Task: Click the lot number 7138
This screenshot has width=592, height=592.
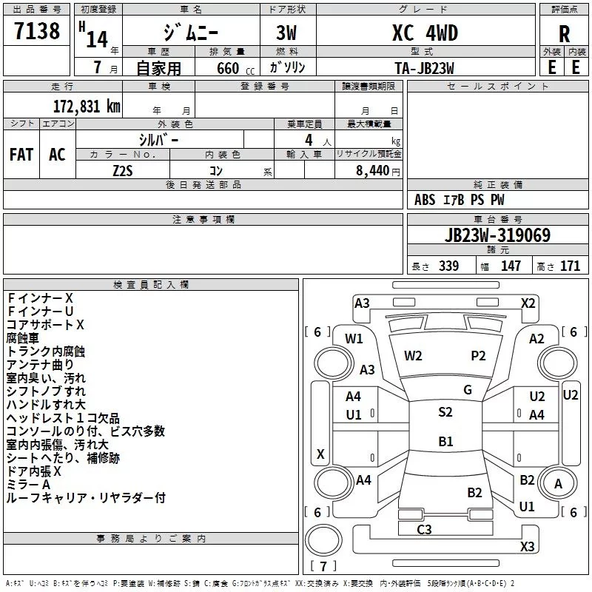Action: pos(37,30)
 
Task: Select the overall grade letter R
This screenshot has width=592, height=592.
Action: pos(564,33)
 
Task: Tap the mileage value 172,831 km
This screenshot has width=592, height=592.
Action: pos(87,106)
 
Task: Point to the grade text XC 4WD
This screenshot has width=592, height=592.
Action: pos(425,33)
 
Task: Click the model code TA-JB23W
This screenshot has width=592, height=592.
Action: pos(424,68)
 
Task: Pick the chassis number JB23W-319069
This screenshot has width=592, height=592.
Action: pos(497,235)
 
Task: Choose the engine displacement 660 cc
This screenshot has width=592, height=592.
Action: pos(235,68)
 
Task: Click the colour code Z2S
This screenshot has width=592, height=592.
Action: pos(123,171)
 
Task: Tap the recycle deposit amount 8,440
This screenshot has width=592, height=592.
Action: pos(372,170)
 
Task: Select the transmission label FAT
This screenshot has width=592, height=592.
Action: pos(21,155)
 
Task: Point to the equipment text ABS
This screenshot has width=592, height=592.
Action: pos(425,200)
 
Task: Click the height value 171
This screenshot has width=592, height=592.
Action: pos(570,266)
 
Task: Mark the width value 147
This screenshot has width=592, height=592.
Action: pos(511,266)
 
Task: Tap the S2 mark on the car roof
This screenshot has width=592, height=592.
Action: pos(445,411)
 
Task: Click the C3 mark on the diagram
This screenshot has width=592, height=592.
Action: pos(424,529)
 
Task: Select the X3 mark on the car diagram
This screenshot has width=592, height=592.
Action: pos(528,546)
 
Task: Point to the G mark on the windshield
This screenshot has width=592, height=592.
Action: pos(468,389)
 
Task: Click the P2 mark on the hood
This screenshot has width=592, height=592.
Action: pos(478,355)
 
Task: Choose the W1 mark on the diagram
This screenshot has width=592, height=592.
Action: pos(354,338)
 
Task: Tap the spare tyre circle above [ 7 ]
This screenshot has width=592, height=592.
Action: pos(323,540)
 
